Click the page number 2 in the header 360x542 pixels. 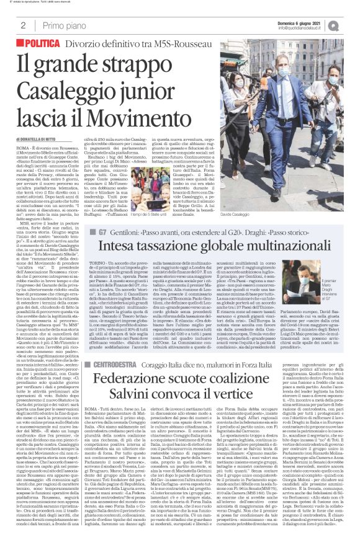point(22,25)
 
